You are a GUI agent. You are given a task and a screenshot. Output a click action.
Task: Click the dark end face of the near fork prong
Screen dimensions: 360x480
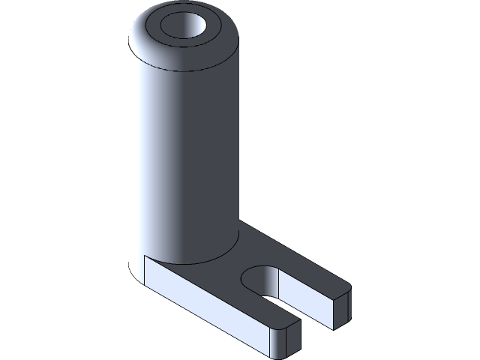pyautogui.click(x=295, y=340)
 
